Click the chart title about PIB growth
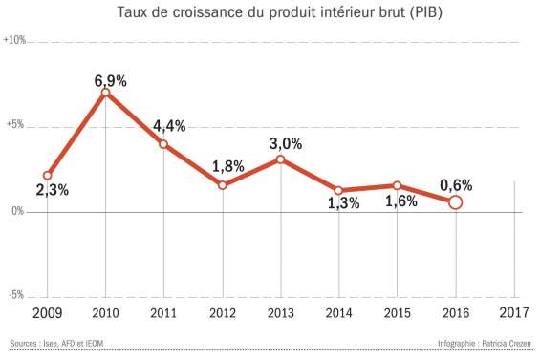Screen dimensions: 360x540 270,12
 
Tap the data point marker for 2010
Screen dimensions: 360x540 106,93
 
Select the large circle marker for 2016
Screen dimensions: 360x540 456,201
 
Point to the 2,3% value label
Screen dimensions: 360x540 52,190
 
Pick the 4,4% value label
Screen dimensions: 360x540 168,126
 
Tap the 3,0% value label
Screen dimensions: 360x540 285,144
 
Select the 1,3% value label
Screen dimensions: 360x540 342,201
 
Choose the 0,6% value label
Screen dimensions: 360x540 456,184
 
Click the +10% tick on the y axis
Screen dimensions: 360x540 14,41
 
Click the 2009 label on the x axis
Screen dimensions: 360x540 47,313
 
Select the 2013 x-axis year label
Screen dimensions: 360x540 281,313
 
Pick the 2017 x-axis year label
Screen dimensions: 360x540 514,313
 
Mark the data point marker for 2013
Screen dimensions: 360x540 281,159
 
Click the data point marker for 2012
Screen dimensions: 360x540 223,184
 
